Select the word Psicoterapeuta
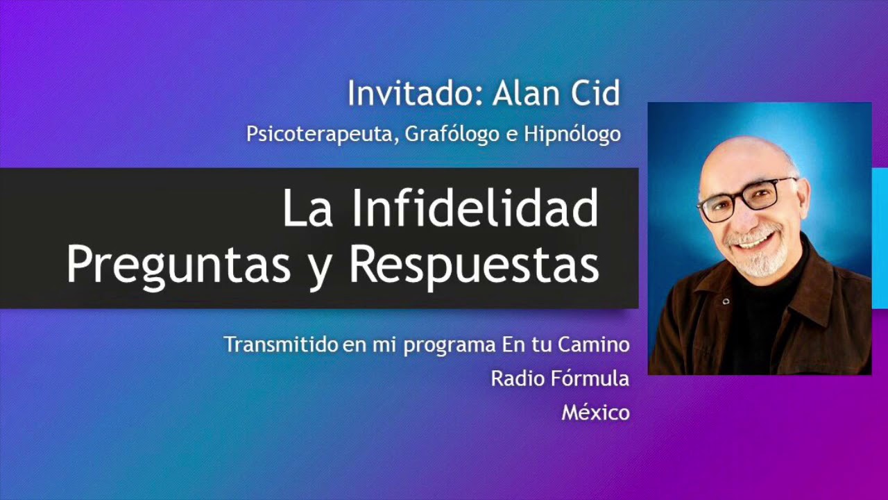(321, 133)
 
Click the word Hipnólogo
(572, 133)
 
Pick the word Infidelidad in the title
(475, 209)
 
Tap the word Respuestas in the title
(474, 265)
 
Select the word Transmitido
(280, 344)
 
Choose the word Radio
(511, 378)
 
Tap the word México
(595, 412)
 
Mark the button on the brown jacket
(726, 301)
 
